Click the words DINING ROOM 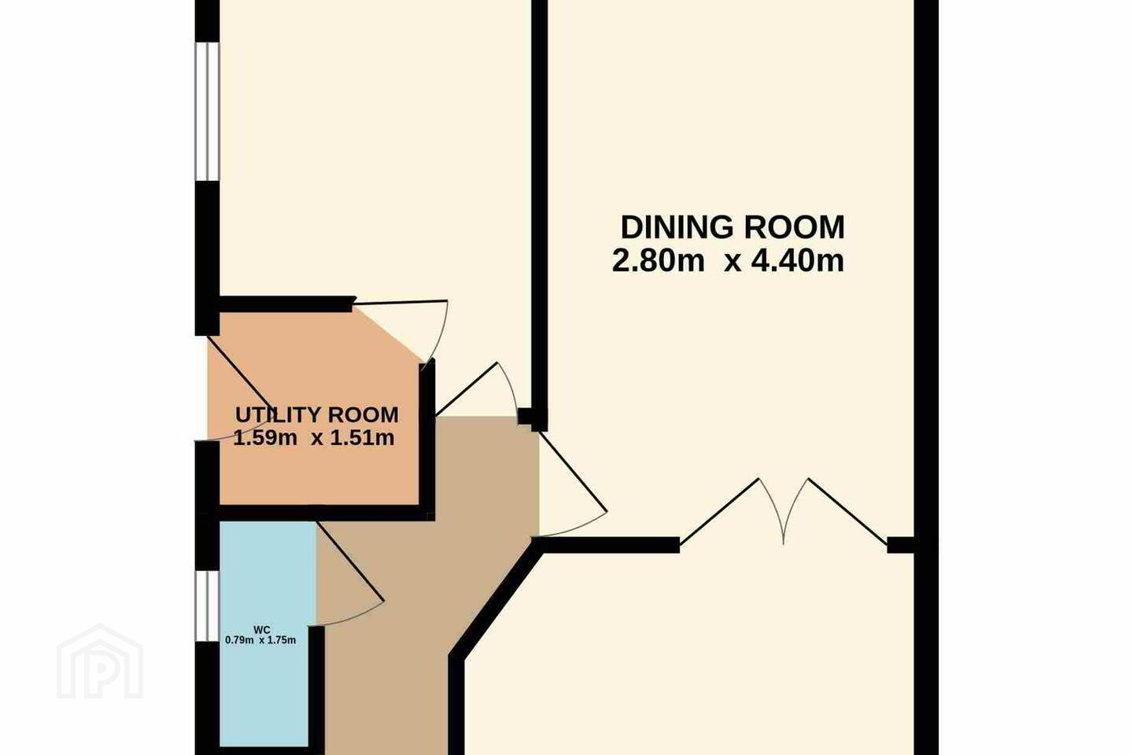point(733,227)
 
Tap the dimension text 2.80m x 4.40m point(728,261)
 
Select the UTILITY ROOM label point(316,414)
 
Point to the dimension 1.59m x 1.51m point(314,437)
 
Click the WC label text point(261,630)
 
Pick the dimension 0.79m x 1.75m point(260,640)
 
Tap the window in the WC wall point(207,606)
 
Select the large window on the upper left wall point(207,111)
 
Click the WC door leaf point(351,562)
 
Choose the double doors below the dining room point(784,510)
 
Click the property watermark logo point(100,662)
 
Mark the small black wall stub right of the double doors point(900,545)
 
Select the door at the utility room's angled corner point(400,303)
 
